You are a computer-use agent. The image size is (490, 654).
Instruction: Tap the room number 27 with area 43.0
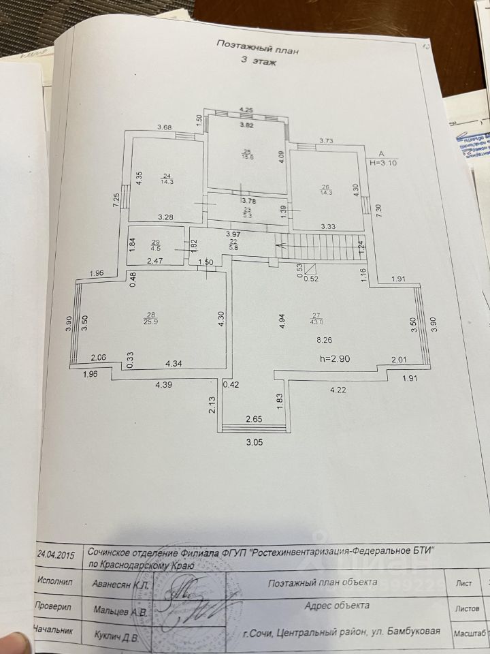(316, 317)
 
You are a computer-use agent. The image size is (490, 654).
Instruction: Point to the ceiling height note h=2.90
(340, 358)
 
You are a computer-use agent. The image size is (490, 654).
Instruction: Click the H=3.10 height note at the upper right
(383, 163)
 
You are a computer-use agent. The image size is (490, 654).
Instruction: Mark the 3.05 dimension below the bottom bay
(253, 442)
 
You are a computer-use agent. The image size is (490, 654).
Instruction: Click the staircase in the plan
(320, 245)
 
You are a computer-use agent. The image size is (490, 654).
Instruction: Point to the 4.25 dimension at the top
(246, 110)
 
